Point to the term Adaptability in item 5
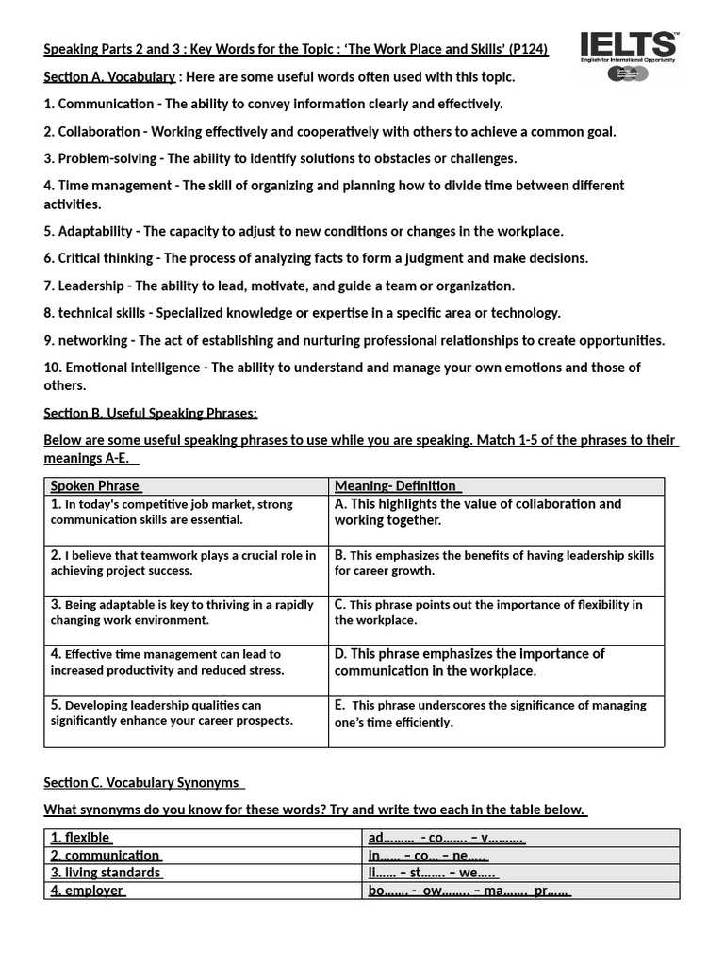(94, 231)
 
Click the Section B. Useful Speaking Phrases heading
(151, 413)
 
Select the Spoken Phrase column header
(94, 486)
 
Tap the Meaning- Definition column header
(396, 486)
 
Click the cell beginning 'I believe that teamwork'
(185, 563)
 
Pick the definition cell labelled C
(496, 613)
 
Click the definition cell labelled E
(496, 713)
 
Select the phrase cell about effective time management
(185, 662)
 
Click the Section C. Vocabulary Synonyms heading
(143, 783)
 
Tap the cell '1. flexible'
(81, 838)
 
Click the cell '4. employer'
(87, 890)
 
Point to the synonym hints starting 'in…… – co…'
(428, 856)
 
